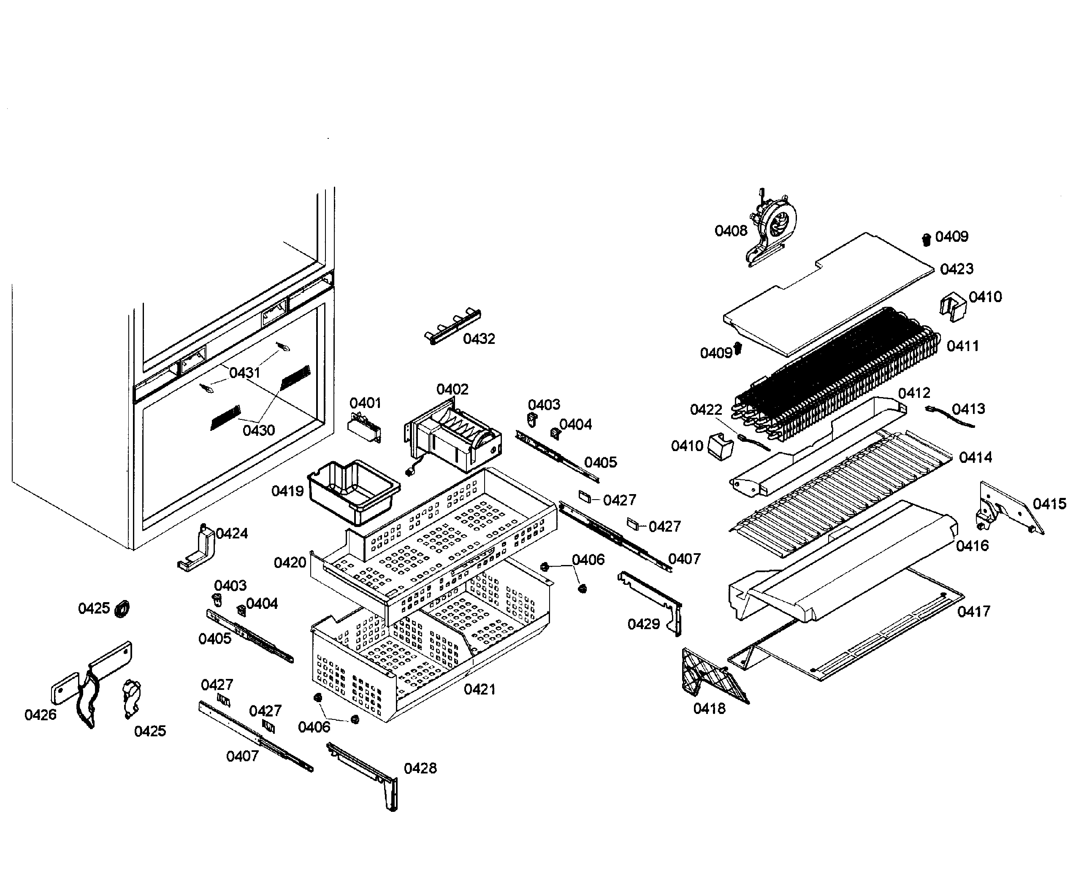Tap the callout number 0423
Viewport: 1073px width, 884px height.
click(x=956, y=269)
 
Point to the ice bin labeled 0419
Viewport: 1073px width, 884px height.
click(x=353, y=492)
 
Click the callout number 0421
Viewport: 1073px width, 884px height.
click(x=479, y=689)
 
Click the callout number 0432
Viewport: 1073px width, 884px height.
click(x=479, y=339)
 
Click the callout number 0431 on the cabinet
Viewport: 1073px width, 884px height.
click(x=244, y=373)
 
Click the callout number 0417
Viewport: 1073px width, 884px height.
click(x=974, y=611)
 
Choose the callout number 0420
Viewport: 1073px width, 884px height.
click(x=290, y=563)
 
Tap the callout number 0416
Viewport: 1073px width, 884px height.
click(x=972, y=546)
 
